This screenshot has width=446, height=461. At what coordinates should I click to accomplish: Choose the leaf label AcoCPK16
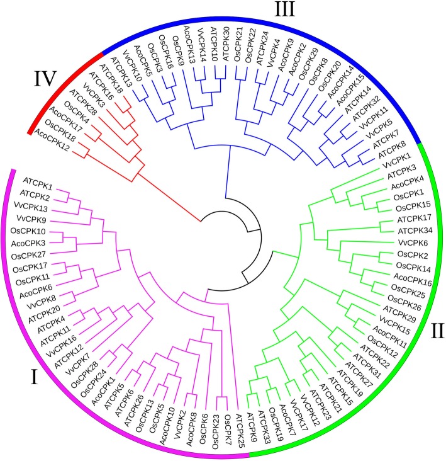(398, 275)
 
